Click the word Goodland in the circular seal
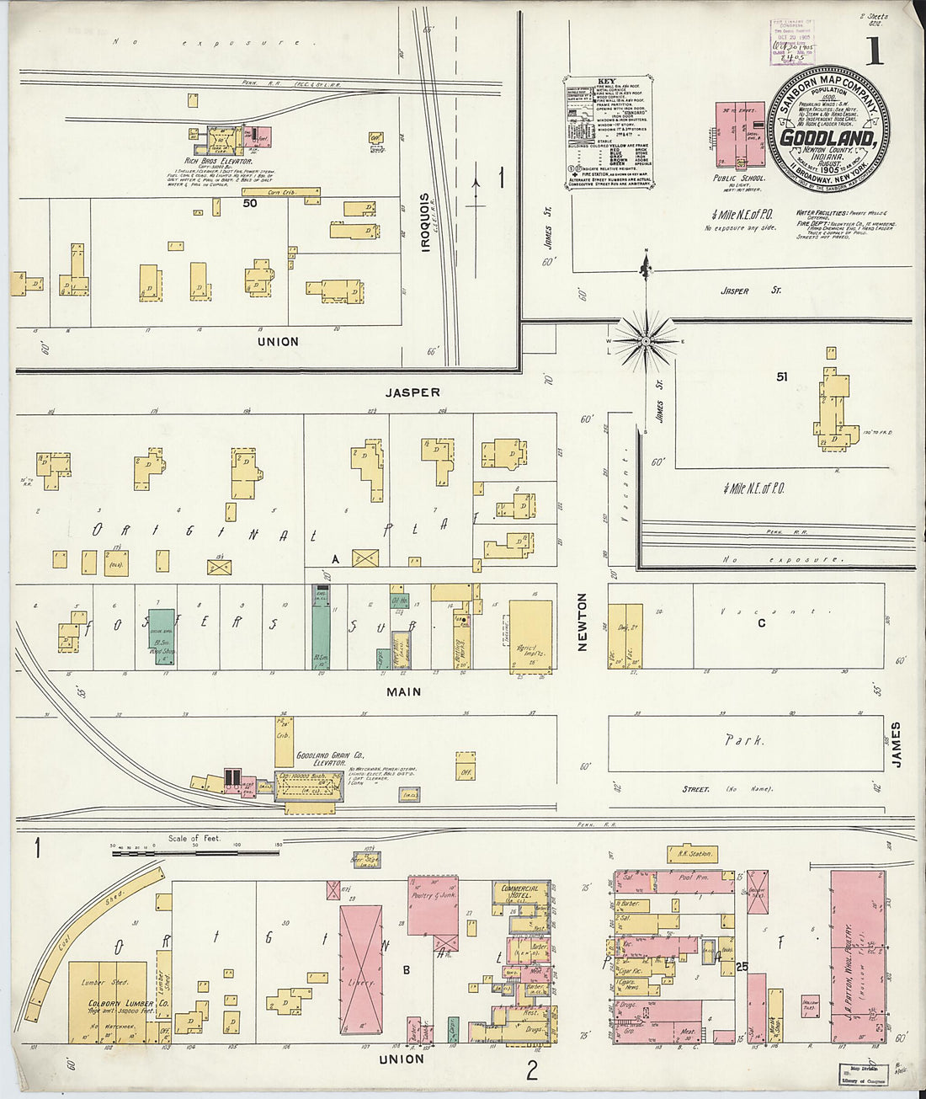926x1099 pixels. click(828, 137)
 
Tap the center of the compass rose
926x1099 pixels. click(646, 340)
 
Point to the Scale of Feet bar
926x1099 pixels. click(194, 852)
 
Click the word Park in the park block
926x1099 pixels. click(745, 741)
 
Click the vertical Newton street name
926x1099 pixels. click(582, 622)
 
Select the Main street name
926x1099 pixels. click(404, 692)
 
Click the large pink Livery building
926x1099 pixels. click(362, 968)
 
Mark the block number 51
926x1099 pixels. click(782, 377)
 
